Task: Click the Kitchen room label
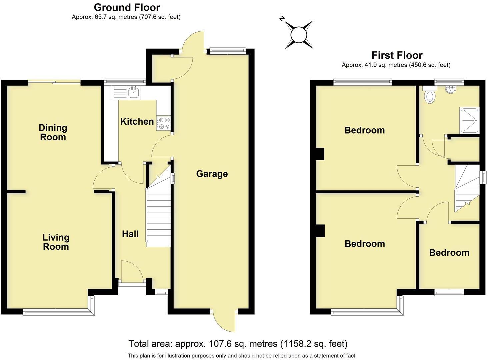pyautogui.click(x=137, y=121)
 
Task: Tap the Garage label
pyautogui.click(x=212, y=174)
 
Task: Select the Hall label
pyautogui.click(x=130, y=234)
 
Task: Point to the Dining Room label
pyautogui.click(x=53, y=132)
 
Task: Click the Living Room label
pyautogui.click(x=56, y=242)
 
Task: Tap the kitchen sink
pyautogui.click(x=134, y=92)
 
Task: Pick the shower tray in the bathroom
pyautogui.click(x=469, y=120)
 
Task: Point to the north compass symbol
pyautogui.click(x=299, y=34)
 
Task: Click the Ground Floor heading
pyautogui.click(x=127, y=7)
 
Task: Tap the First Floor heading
pyautogui.click(x=397, y=55)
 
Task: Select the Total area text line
pyautogui.click(x=238, y=344)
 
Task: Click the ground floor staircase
pyautogui.click(x=159, y=217)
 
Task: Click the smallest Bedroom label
pyautogui.click(x=449, y=253)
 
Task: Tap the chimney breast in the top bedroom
pyautogui.click(x=320, y=154)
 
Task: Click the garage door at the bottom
pyautogui.click(x=224, y=321)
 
